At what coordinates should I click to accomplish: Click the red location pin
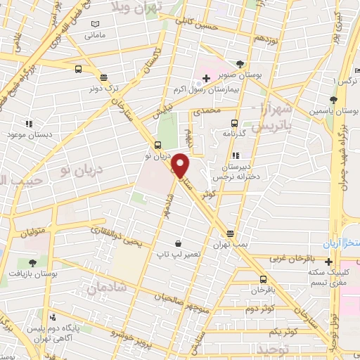(x=181, y=166)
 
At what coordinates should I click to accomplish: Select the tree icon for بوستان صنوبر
(x=241, y=63)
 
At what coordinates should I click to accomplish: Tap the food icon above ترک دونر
(x=104, y=78)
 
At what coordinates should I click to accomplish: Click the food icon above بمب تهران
(x=231, y=233)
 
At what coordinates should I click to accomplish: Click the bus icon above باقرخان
(x=263, y=279)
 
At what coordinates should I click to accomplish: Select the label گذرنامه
(x=233, y=134)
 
